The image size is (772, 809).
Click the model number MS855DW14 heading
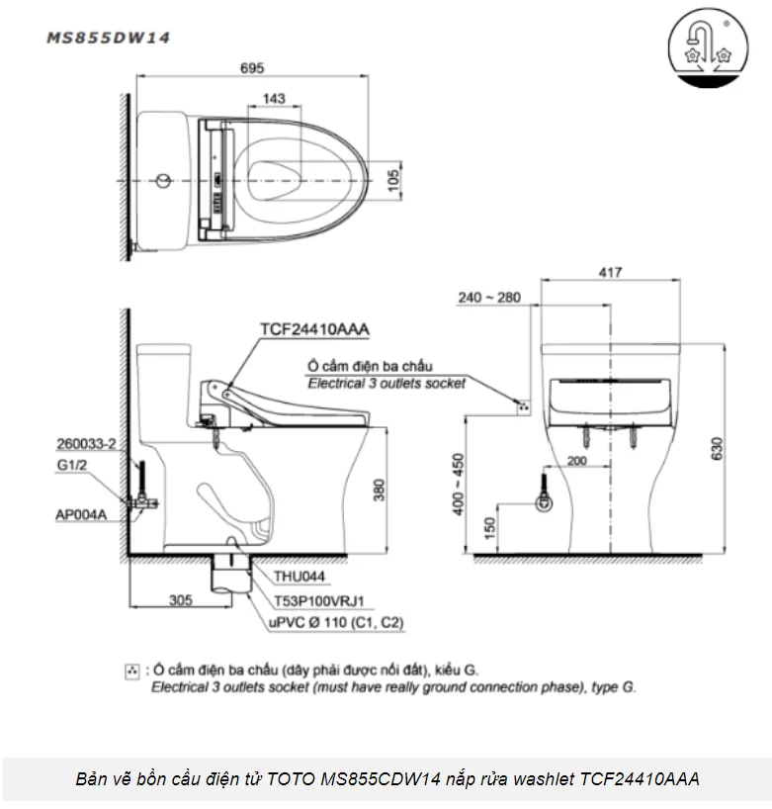tap(109, 38)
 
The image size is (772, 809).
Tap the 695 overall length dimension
tap(252, 70)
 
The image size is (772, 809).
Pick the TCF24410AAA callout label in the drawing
tap(307, 330)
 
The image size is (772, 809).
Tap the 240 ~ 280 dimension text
tap(487, 297)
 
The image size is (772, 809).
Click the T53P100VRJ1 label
tap(314, 598)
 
